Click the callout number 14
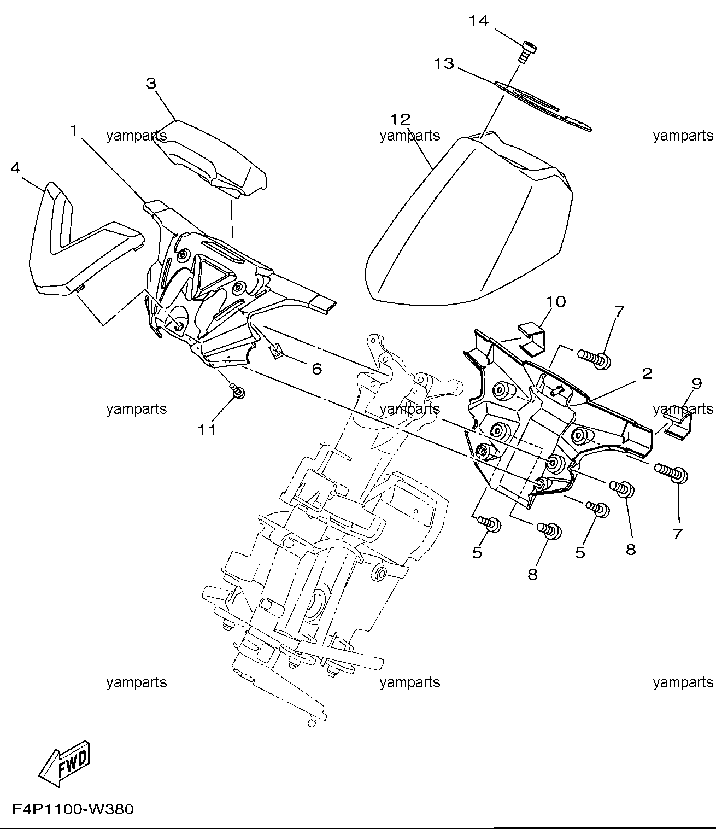click(479, 20)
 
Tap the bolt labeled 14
click(527, 51)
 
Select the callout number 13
click(444, 64)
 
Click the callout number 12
click(401, 119)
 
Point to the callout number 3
click(151, 84)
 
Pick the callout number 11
click(207, 430)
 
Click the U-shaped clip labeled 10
click(532, 340)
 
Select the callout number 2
click(647, 374)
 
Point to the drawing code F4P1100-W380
click(73, 809)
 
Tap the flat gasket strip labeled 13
click(543, 106)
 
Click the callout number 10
click(556, 302)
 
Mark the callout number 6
click(316, 369)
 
